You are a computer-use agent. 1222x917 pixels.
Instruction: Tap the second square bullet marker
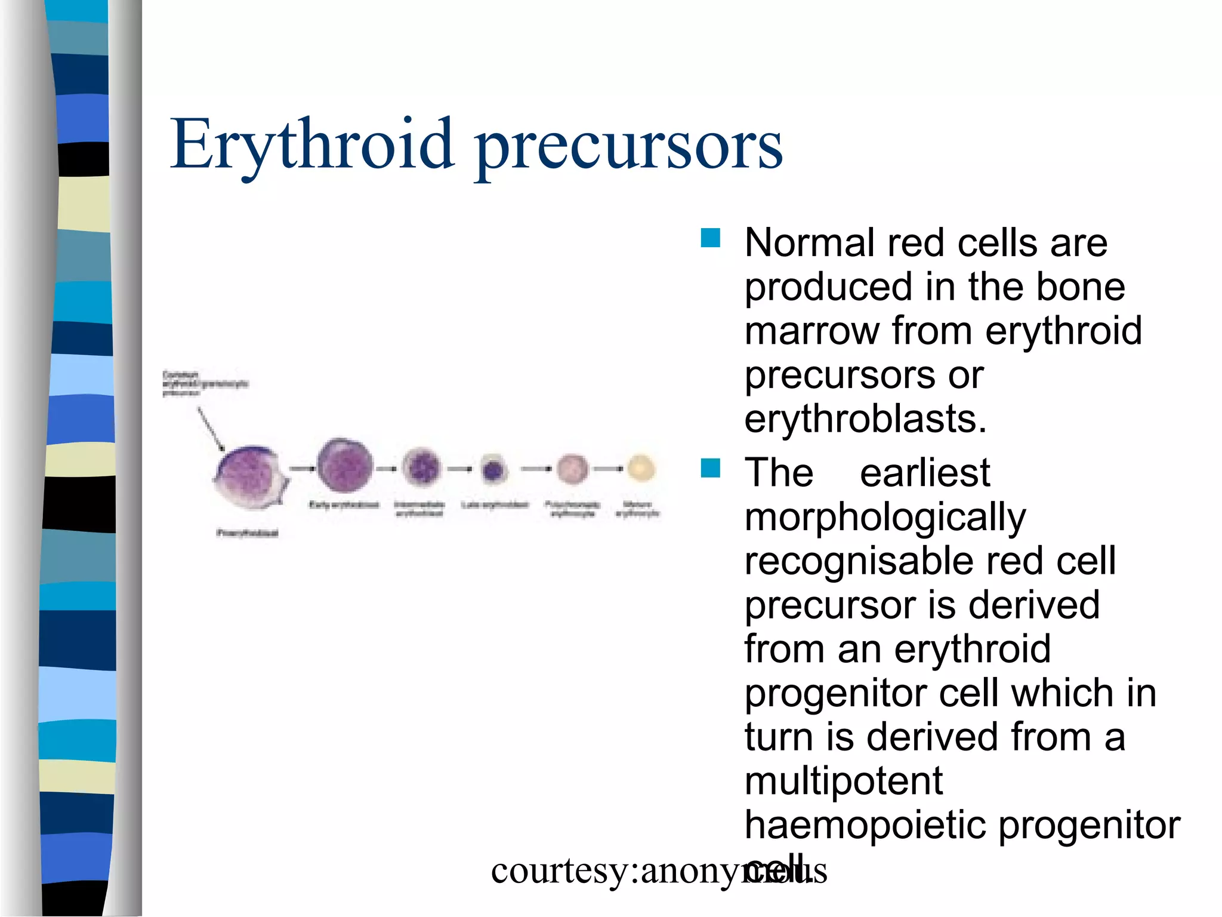point(710,468)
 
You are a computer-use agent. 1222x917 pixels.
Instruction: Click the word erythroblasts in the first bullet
point(863,419)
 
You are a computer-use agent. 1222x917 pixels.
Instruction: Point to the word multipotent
point(843,781)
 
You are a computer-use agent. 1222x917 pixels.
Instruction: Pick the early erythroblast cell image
point(345,466)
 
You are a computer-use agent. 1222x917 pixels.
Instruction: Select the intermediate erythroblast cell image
point(422,467)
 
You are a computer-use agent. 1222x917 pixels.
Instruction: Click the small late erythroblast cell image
point(493,470)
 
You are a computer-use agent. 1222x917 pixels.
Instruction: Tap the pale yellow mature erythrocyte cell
point(641,468)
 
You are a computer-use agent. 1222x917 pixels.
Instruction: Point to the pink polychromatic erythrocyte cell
point(572,468)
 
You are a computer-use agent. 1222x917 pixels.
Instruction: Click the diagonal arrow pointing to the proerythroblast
point(211,429)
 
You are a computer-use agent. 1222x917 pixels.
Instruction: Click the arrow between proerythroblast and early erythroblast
point(303,469)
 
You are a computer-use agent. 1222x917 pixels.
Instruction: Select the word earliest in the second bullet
point(924,473)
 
